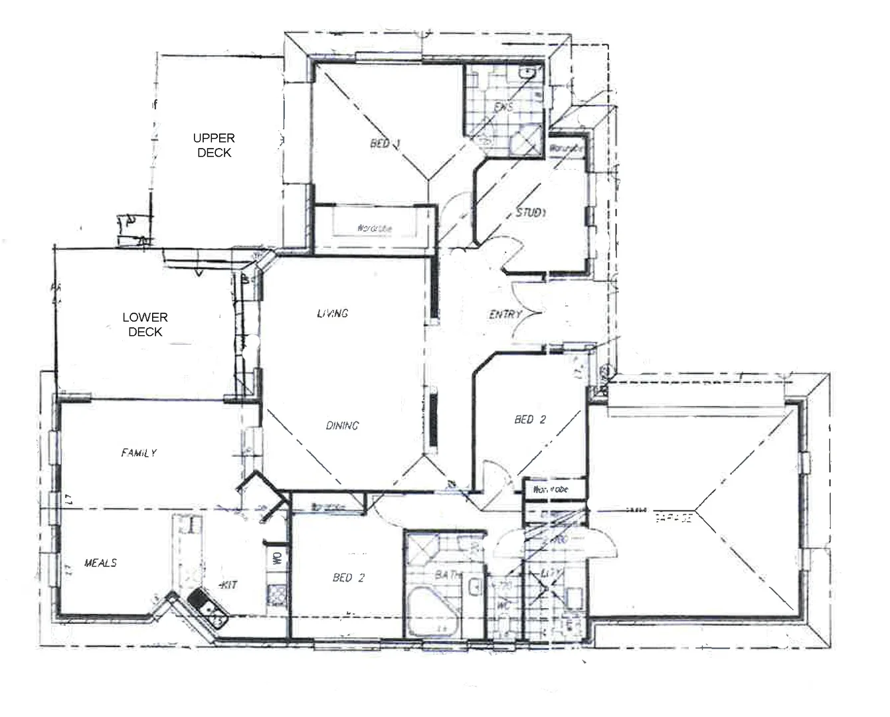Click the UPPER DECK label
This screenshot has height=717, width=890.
pos(213,145)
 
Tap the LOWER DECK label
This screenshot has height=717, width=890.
pos(145,325)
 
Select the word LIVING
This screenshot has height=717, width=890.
pos(332,313)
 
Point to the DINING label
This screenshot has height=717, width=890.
pos(342,426)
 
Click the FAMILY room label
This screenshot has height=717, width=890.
pos(139,453)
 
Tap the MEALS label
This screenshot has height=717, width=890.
pos(100,563)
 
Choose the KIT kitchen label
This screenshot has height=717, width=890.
pos(229,585)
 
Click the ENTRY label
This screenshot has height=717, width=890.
pos(505,314)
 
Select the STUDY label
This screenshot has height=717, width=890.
pos(531,213)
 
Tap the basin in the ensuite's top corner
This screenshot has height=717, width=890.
pos(529,72)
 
